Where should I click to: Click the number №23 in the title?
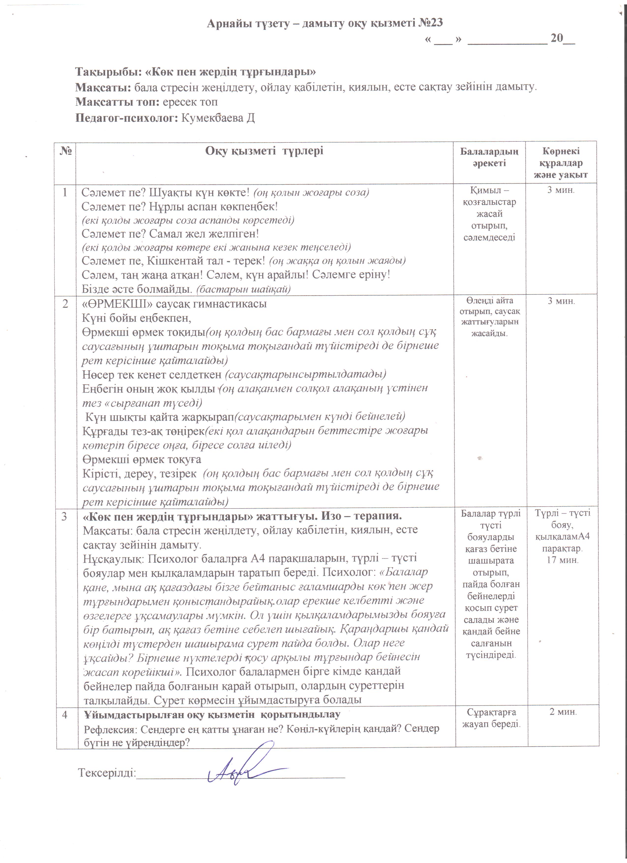431,23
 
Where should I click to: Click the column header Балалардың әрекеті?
489,157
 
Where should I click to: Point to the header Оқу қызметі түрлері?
264,151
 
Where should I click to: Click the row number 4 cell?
65,715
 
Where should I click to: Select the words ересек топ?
190,102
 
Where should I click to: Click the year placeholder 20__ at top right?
563,38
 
